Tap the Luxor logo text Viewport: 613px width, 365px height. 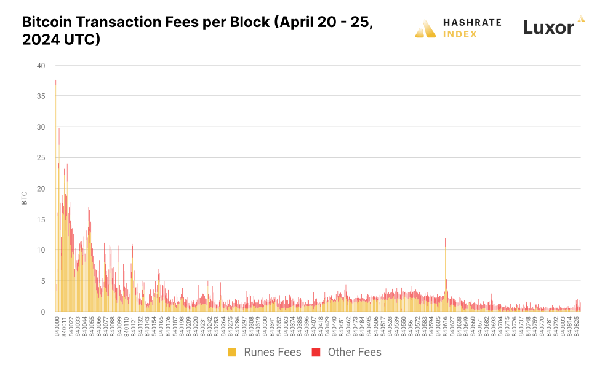pos(548,27)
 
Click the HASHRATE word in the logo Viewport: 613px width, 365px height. pos(472,23)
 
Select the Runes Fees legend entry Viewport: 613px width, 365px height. pos(273,352)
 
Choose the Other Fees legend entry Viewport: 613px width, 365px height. pos(355,352)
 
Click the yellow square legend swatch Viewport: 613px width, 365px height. pos(232,352)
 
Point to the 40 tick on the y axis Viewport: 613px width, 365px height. pos(41,65)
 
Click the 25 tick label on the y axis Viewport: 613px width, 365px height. pos(41,158)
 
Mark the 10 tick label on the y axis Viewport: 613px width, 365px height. pos(41,250)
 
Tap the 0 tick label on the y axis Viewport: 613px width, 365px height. pos(43,312)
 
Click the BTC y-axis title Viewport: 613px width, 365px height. pos(25,197)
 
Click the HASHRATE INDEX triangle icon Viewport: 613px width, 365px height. pos(425,28)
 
